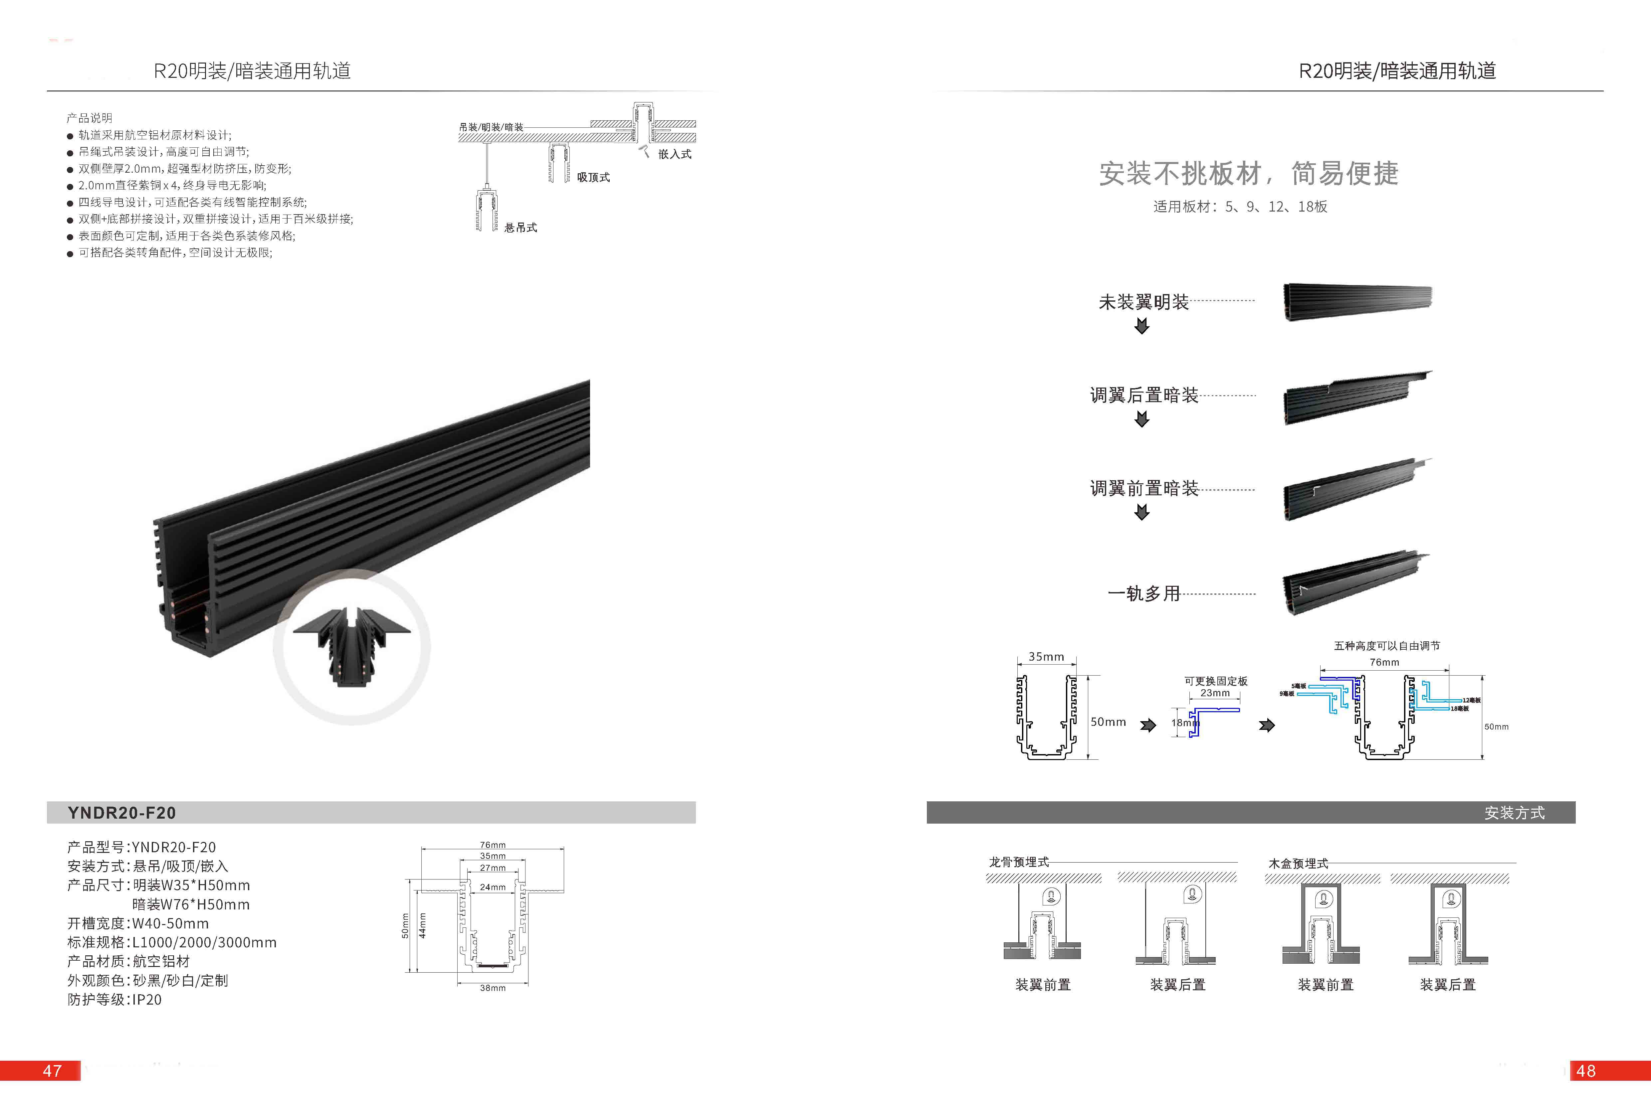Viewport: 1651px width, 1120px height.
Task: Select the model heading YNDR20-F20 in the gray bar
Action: (x=121, y=813)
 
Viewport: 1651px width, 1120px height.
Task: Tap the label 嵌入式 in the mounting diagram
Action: (x=674, y=154)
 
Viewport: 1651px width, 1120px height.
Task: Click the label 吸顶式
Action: (x=593, y=177)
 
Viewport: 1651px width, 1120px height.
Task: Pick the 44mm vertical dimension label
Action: (x=422, y=925)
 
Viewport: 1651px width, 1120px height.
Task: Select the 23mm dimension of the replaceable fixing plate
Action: (x=1215, y=693)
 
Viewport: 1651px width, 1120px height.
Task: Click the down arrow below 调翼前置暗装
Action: (x=1141, y=512)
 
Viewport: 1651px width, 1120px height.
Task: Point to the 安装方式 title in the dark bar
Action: (x=1514, y=813)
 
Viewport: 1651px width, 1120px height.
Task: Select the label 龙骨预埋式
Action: (x=1019, y=862)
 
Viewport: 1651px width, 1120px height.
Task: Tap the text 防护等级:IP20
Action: (x=114, y=999)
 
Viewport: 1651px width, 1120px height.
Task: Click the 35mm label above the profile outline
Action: (x=1046, y=656)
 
